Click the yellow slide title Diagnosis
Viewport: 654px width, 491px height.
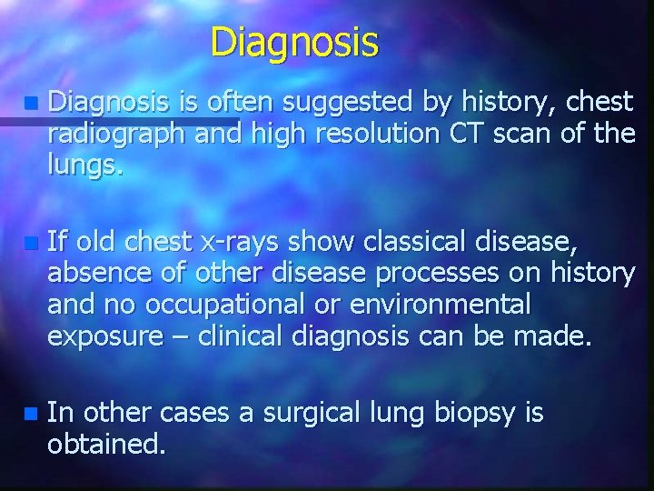(294, 42)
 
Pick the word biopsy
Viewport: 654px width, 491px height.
(478, 414)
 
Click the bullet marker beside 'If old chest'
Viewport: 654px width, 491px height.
(33, 243)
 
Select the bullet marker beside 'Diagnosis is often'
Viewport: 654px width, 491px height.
(33, 104)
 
